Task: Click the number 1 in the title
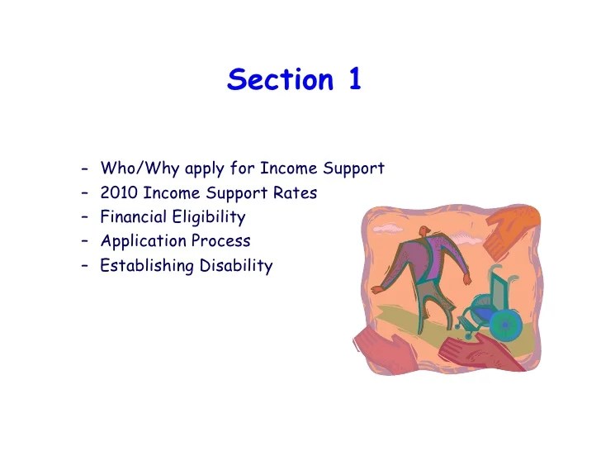tap(353, 79)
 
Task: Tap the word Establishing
tap(146, 266)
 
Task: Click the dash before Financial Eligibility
tap(86, 217)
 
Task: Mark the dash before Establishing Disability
tap(86, 266)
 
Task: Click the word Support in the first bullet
tap(353, 169)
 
